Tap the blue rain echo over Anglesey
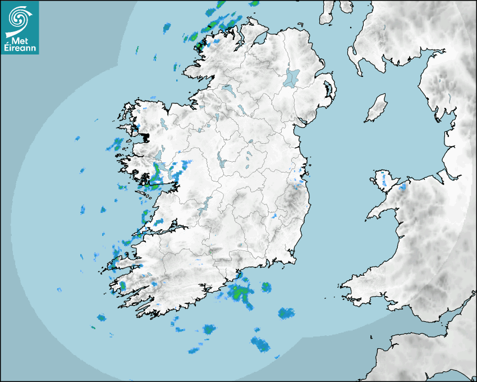tap(384, 180)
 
